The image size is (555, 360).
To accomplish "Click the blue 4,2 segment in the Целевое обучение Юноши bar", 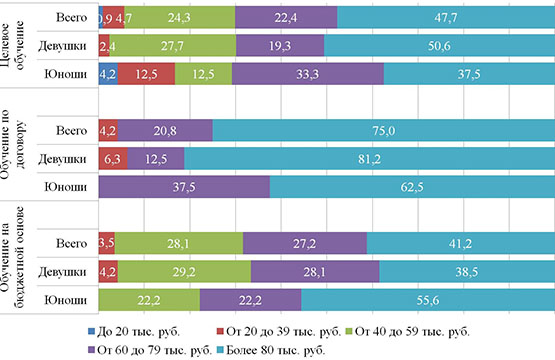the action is (x=108, y=74).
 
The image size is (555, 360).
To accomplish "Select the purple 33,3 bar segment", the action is (x=308, y=74).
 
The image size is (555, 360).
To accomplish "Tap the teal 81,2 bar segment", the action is (x=370, y=159).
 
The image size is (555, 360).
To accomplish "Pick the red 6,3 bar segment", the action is (x=113, y=159).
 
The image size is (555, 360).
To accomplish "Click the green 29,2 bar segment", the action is (x=184, y=272).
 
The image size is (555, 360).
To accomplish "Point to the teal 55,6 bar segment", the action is (x=428, y=300).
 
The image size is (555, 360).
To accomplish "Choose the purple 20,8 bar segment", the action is (x=165, y=130).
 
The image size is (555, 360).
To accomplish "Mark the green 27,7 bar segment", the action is (x=173, y=46).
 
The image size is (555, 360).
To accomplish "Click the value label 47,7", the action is (x=446, y=17).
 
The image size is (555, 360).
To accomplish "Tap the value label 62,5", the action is (x=412, y=187).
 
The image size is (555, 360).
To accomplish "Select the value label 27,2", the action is (x=304, y=244).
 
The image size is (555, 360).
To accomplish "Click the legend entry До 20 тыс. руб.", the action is (x=134, y=332).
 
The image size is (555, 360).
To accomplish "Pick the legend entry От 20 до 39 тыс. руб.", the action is (x=279, y=332).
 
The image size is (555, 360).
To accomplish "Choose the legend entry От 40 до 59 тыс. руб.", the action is (x=407, y=332).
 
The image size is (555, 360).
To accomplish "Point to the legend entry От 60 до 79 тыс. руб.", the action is (x=150, y=350).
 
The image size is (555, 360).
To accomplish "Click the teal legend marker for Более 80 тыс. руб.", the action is (x=220, y=350).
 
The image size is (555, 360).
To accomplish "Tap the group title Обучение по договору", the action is (x=12, y=144).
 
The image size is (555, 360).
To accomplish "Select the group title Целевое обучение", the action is (x=12, y=45).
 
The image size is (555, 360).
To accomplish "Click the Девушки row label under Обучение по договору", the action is (x=62, y=159).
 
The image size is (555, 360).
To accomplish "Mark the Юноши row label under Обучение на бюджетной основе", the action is (x=65, y=300).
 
